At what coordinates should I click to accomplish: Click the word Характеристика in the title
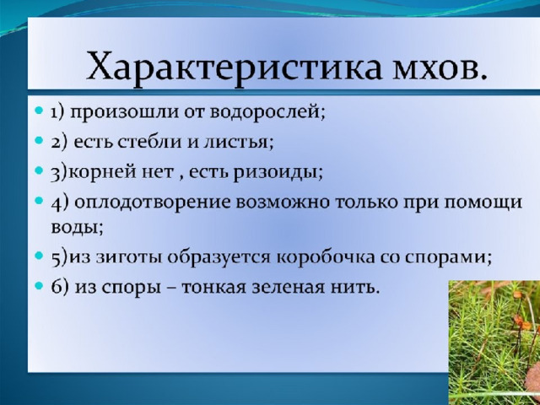point(234,66)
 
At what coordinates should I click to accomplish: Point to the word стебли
point(149,141)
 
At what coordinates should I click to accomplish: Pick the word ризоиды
point(278,172)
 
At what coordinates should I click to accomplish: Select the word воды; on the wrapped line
point(77,228)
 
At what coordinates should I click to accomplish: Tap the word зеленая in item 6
point(288,288)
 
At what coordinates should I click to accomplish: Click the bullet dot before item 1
point(40,111)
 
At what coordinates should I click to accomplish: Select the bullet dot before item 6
point(40,285)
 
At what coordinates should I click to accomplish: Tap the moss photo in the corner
point(494,343)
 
